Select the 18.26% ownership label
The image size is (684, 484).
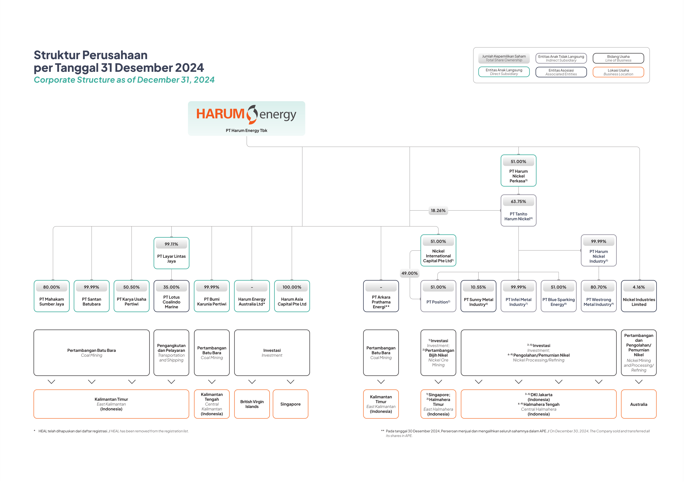438,210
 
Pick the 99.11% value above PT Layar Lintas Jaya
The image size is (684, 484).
171,244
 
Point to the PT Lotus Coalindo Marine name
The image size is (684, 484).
171,302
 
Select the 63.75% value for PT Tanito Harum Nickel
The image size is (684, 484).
518,201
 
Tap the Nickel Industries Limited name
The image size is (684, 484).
639,302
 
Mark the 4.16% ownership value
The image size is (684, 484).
639,287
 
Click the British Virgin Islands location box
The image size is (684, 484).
252,404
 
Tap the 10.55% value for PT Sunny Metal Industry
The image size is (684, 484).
478,287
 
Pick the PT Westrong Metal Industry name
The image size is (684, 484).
598,302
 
